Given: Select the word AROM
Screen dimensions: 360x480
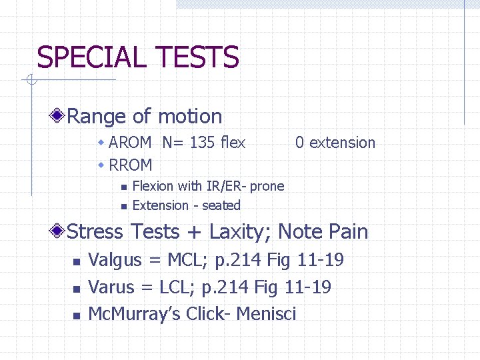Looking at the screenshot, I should [x=130, y=143].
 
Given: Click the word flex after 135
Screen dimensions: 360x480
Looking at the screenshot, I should [x=233, y=143].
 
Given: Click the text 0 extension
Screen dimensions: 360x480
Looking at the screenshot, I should [x=335, y=143].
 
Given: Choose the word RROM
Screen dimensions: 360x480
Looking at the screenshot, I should [x=131, y=165].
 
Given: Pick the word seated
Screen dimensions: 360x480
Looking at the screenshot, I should [x=221, y=205].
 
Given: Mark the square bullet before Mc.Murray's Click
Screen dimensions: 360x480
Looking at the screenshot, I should [x=76, y=315].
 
